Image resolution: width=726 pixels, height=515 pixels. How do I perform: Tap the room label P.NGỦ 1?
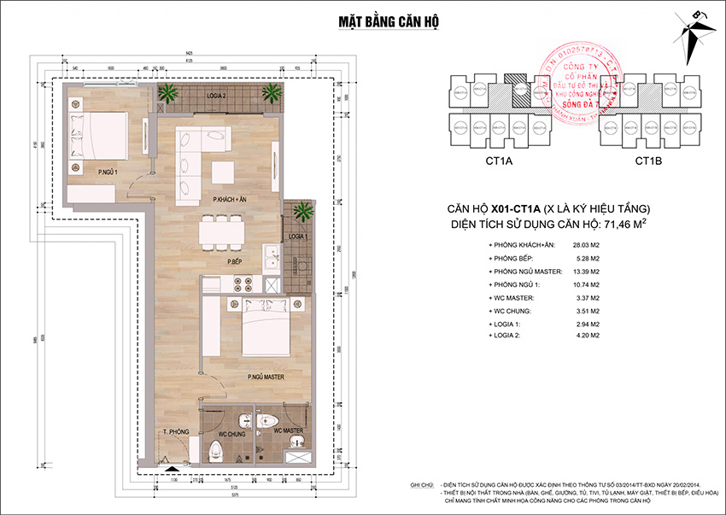(x=108, y=172)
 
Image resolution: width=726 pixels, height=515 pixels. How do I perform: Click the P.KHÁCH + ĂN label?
(x=230, y=198)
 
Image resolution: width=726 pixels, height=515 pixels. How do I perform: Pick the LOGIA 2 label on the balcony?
(x=213, y=97)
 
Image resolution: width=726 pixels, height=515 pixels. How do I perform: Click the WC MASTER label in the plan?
(x=288, y=430)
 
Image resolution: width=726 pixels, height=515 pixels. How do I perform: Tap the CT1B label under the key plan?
(x=650, y=161)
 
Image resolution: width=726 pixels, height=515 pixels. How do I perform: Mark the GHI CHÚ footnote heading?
(x=422, y=484)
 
